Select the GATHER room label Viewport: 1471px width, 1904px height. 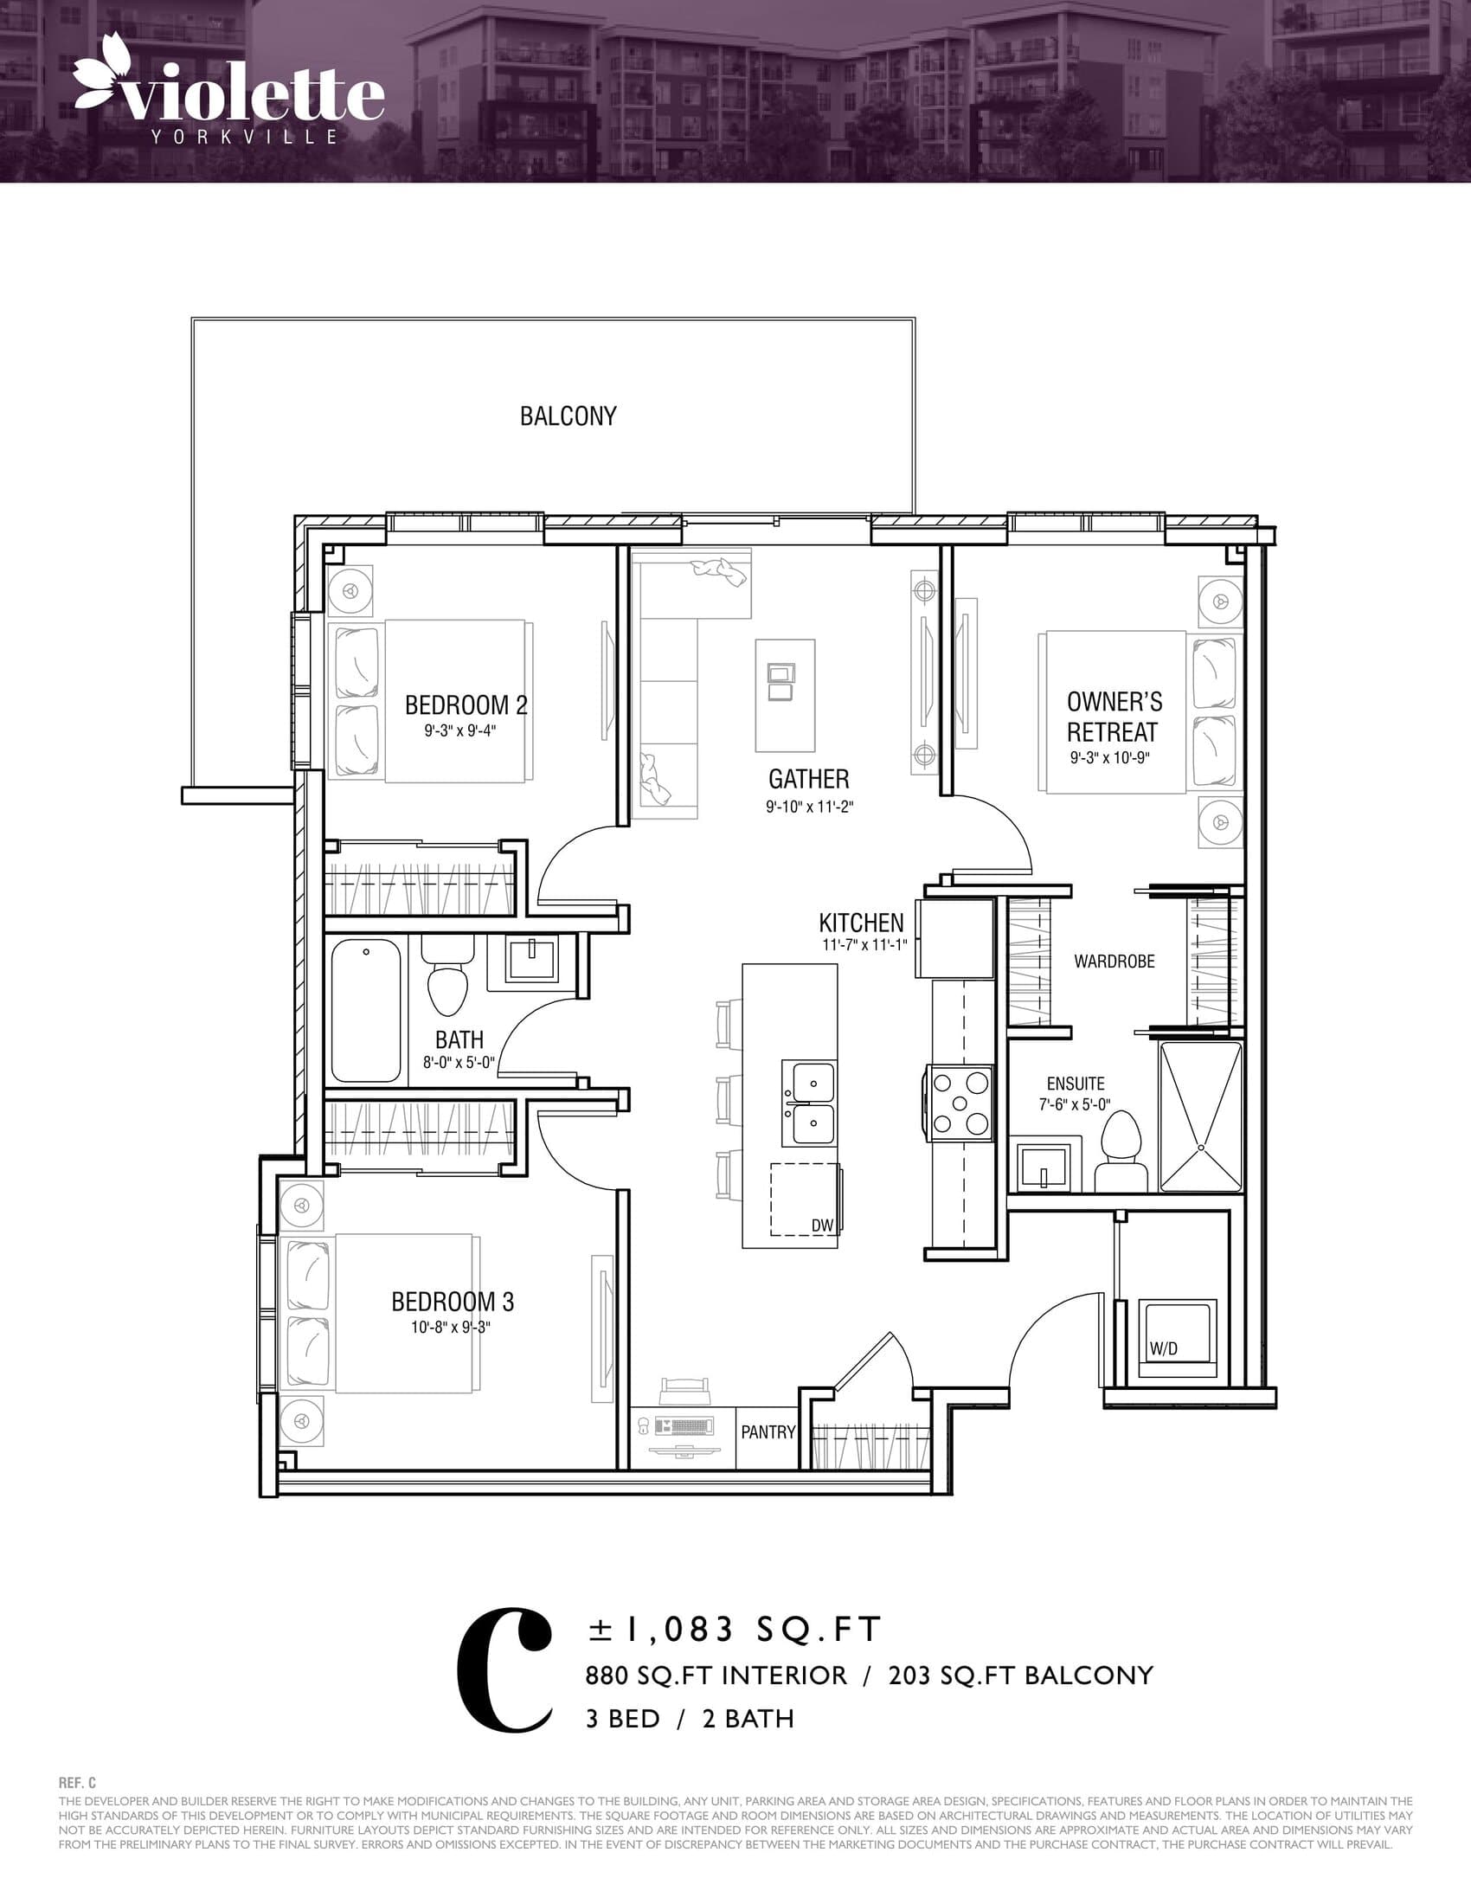coord(808,779)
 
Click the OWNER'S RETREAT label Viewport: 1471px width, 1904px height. coord(1114,717)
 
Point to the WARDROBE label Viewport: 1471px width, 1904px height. coord(1114,962)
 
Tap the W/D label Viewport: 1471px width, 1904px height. coord(1162,1348)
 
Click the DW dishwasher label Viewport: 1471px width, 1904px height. coord(822,1225)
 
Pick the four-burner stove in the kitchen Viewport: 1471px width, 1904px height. coord(961,1103)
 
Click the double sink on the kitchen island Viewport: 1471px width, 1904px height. coord(809,1103)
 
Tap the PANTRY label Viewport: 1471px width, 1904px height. coord(768,1431)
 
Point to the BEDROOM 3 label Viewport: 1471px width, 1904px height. coord(453,1302)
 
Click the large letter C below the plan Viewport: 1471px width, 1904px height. coord(504,1669)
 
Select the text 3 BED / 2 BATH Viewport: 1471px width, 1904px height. coord(690,1719)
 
